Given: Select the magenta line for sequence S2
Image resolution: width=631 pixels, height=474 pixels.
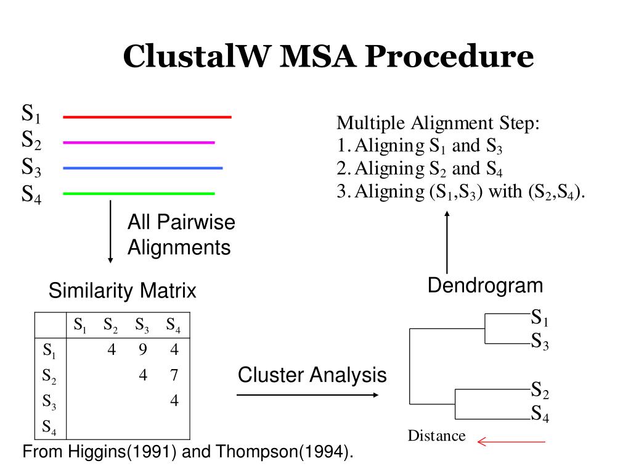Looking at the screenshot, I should click(x=139, y=143).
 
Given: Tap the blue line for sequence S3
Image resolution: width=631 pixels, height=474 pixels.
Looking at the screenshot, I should click(x=142, y=168).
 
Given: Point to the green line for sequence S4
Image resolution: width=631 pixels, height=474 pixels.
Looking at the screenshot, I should click(x=139, y=194).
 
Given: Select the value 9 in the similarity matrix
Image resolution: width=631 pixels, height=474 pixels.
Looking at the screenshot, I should click(x=143, y=350).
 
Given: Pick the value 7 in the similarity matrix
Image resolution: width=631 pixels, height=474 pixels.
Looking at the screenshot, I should click(x=174, y=375).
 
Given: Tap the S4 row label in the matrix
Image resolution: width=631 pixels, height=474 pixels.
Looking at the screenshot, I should click(x=49, y=426).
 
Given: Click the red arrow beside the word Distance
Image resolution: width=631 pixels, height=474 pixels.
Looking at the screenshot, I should click(x=511, y=441).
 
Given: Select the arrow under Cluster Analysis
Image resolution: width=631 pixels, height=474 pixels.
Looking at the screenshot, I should click(x=307, y=394).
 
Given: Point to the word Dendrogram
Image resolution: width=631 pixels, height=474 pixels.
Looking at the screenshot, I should click(x=486, y=286).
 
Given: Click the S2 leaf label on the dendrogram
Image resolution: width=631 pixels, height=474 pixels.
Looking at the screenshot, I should click(x=540, y=390).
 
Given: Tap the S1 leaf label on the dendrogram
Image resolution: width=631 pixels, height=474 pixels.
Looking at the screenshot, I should click(x=540, y=319).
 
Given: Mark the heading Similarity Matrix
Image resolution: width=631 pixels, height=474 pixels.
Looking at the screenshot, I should click(x=123, y=290).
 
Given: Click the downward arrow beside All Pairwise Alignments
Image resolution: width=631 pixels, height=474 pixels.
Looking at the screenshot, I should click(x=110, y=231).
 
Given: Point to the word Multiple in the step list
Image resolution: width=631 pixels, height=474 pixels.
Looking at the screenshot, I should click(x=367, y=123).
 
